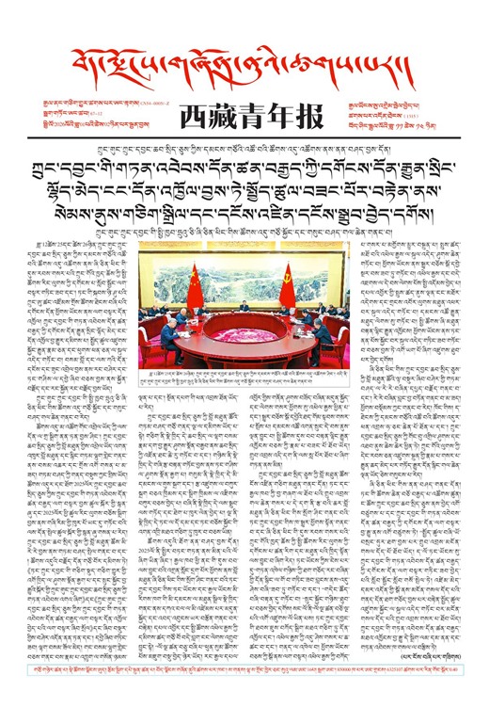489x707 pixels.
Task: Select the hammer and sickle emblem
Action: pos(284,273)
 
